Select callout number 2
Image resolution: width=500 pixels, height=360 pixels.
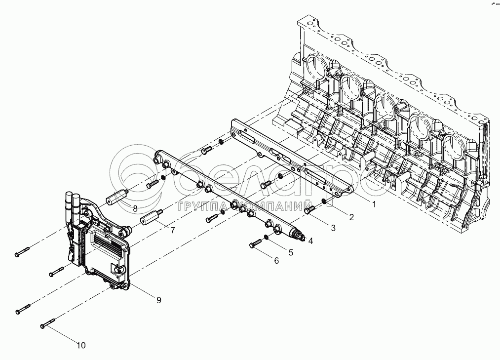pyautogui.click(x=351, y=216)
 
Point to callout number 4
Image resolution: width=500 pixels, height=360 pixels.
pyautogui.click(x=310, y=240)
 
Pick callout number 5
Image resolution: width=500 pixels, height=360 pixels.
pyautogui.click(x=291, y=252)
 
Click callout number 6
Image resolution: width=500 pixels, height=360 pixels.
pyautogui.click(x=276, y=261)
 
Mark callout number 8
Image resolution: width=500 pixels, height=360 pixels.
pyautogui.click(x=135, y=208)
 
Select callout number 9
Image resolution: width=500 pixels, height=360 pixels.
pyautogui.click(x=159, y=300)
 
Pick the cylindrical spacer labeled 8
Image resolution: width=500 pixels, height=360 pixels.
pyautogui.click(x=116, y=198)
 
